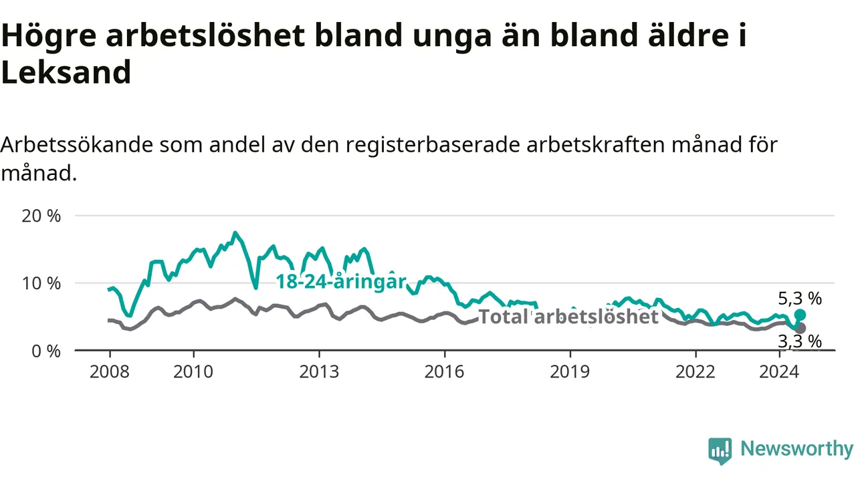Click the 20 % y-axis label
(x=41, y=216)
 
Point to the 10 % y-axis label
(x=41, y=284)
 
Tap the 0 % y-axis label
(x=46, y=351)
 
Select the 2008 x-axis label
(x=110, y=372)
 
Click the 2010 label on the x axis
(x=193, y=372)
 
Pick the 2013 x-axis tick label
(x=319, y=372)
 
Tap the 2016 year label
(x=445, y=372)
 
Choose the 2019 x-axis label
(x=570, y=372)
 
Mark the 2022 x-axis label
(x=695, y=372)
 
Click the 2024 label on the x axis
(x=779, y=372)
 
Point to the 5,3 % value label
(x=800, y=299)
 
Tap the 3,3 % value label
(x=800, y=341)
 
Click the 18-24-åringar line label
(x=341, y=282)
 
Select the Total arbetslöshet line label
(x=568, y=317)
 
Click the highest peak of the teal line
(x=235, y=232)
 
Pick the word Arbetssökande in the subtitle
(x=77, y=145)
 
